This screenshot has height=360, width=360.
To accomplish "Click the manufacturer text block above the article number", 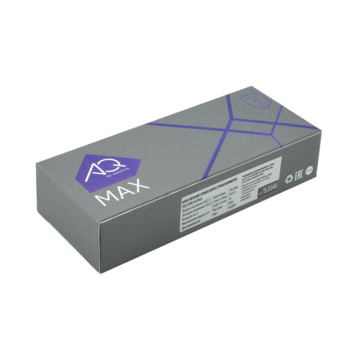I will [267, 172].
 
